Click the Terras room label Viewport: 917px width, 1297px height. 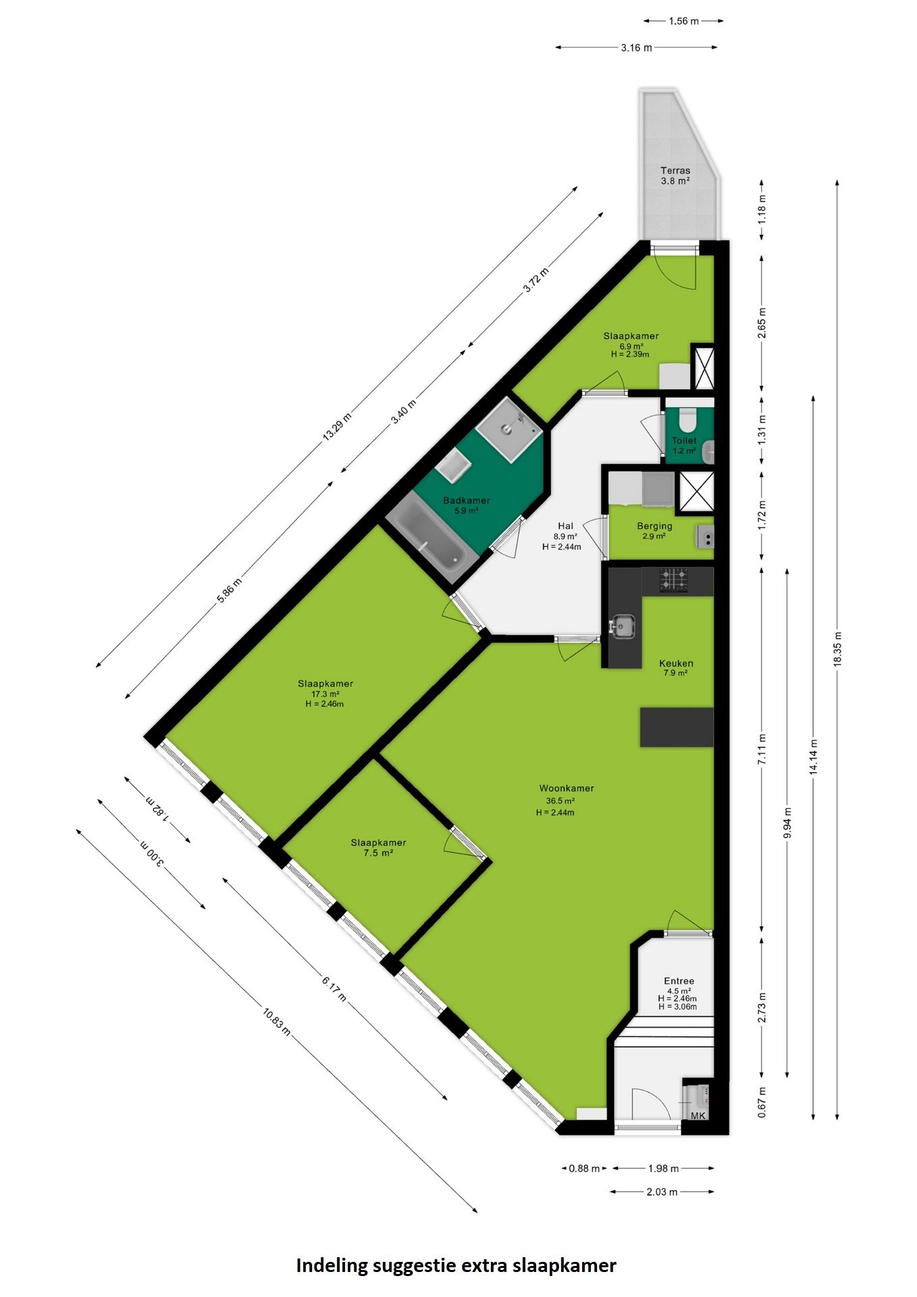[675, 170]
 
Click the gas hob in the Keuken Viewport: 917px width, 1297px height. [674, 580]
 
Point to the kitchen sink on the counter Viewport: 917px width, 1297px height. [621, 627]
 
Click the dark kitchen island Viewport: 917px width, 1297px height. [677, 727]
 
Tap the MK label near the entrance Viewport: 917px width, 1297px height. [698, 1115]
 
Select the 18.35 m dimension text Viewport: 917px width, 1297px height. [837, 649]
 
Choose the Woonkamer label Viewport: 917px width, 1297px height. [567, 788]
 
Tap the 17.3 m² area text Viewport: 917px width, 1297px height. [325, 694]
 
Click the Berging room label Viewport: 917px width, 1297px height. [654, 526]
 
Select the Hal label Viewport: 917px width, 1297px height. [565, 526]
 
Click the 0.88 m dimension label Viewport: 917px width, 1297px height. [584, 1169]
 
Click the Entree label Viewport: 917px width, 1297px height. [679, 981]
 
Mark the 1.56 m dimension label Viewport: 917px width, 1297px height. [683, 21]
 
